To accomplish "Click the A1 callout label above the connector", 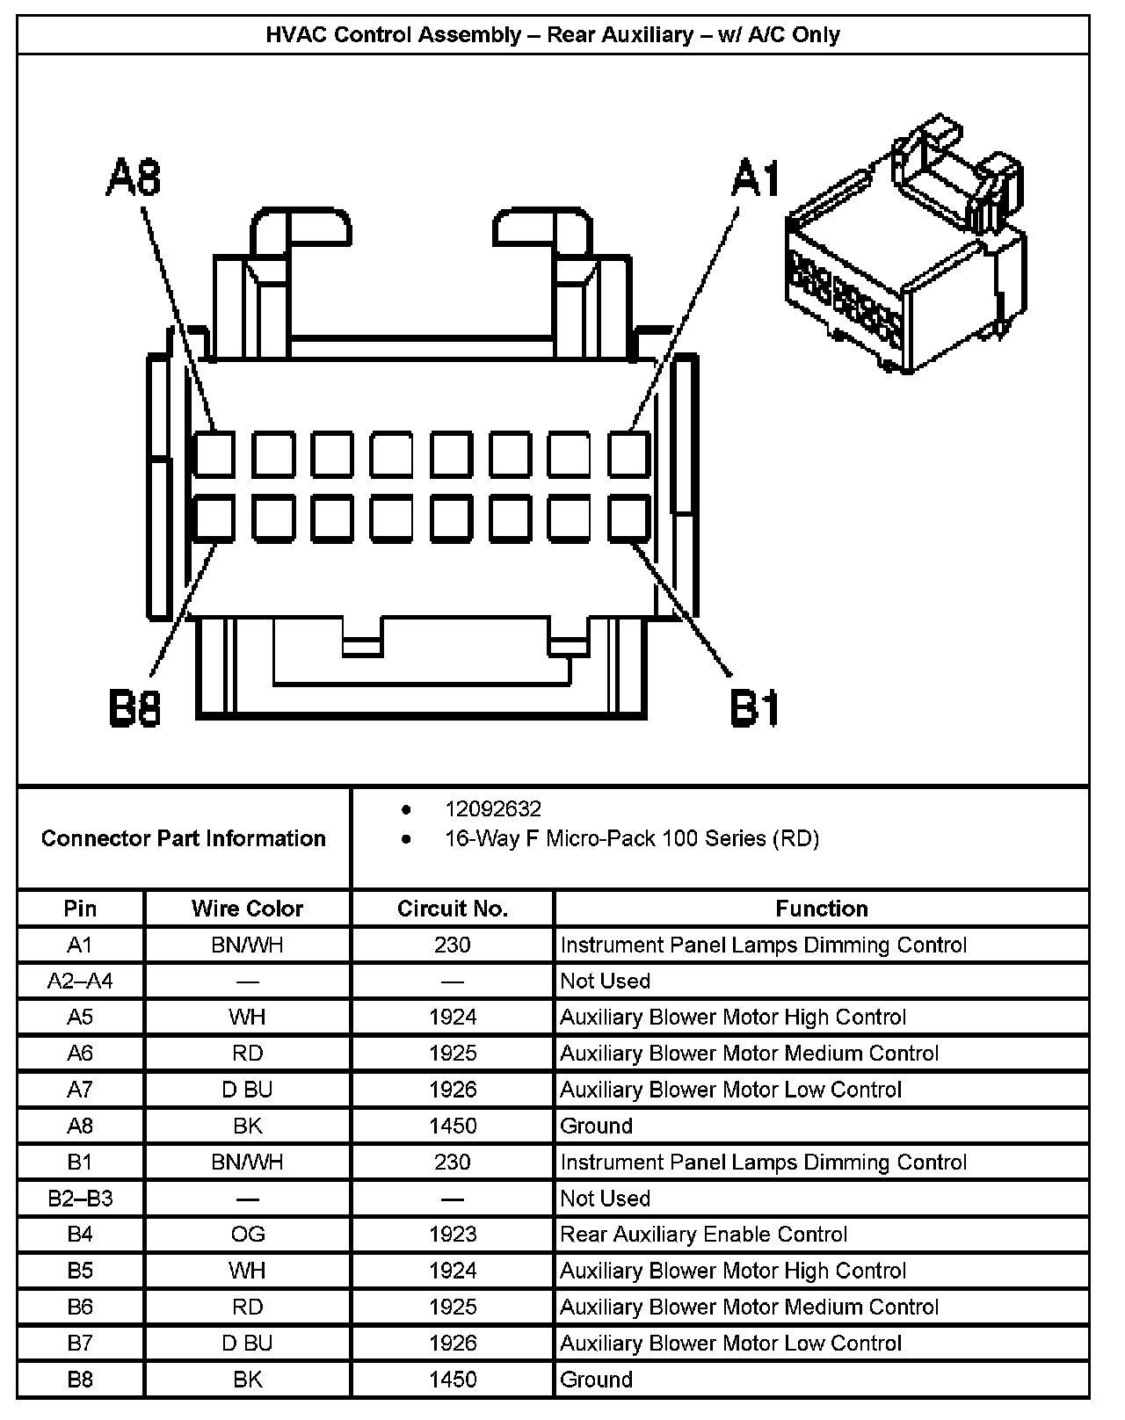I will pyautogui.click(x=756, y=178).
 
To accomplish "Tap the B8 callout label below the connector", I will pyautogui.click(x=134, y=707).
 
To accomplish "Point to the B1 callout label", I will pyautogui.click(x=756, y=707).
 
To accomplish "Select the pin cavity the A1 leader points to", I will pyautogui.click(x=629, y=454).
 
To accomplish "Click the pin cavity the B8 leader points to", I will pyautogui.click(x=214, y=518).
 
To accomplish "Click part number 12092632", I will pyautogui.click(x=492, y=808).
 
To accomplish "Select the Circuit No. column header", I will pyautogui.click(x=453, y=909).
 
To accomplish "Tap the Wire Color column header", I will pyautogui.click(x=247, y=909).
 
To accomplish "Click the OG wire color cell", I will pyautogui.click(x=247, y=1235).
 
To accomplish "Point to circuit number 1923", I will pyautogui.click(x=453, y=1235).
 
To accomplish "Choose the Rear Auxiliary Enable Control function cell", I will pyautogui.click(x=703, y=1235).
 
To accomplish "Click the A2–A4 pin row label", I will pyautogui.click(x=80, y=982).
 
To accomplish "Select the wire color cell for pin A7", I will pyautogui.click(x=247, y=1090).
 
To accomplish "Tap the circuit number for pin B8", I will pyautogui.click(x=453, y=1380).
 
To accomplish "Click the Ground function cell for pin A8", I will pyautogui.click(x=596, y=1126).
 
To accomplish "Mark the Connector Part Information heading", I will pyautogui.click(x=183, y=838).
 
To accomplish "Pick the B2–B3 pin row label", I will pyautogui.click(x=80, y=1199).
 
